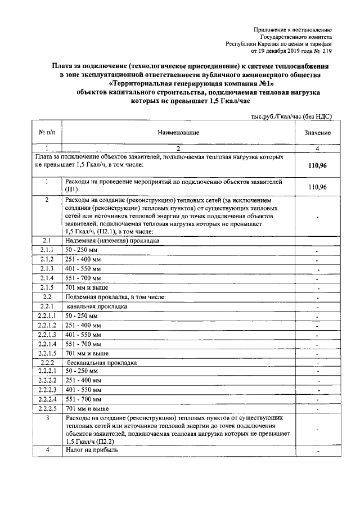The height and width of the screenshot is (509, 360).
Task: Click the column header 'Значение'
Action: click(x=318, y=132)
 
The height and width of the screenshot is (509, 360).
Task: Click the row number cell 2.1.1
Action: click(x=47, y=250)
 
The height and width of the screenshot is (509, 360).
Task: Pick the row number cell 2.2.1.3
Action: click(x=47, y=335)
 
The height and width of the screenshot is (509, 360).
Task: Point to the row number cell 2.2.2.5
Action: click(x=47, y=408)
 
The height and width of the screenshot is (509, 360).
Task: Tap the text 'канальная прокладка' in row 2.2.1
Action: click(x=97, y=307)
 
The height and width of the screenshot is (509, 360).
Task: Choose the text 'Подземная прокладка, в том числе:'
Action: click(x=116, y=296)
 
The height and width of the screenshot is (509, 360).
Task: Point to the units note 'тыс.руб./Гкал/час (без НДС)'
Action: click(x=291, y=116)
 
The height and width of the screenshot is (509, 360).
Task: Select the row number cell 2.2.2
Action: click(x=47, y=363)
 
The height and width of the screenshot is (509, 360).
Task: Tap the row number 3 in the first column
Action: click(x=47, y=418)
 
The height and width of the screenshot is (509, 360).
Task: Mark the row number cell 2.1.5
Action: click(x=47, y=287)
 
